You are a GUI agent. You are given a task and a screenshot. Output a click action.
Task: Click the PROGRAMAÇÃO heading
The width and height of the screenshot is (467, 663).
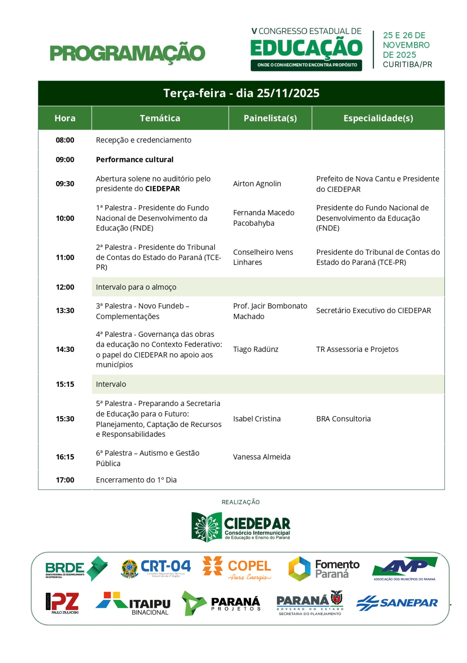[128, 53]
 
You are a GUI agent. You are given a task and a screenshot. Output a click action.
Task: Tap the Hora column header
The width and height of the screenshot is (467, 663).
[65, 118]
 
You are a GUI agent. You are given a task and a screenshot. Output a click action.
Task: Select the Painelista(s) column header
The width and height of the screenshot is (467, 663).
[270, 118]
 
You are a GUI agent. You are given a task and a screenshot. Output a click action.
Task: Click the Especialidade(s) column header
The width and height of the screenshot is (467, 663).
[378, 118]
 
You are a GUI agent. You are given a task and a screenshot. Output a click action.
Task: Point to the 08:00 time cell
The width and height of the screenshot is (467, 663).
[65, 140]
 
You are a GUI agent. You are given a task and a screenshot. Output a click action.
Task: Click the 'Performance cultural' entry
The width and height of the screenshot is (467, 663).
[134, 160]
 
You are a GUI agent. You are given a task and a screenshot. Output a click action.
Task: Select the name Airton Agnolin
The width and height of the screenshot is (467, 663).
[257, 184]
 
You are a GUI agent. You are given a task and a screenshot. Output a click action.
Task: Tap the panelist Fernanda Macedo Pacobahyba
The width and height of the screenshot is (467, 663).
[264, 218]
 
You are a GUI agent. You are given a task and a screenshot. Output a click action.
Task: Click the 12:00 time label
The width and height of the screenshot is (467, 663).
[65, 287]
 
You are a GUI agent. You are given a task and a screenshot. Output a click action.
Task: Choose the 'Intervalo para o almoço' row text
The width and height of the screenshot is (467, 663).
[136, 287]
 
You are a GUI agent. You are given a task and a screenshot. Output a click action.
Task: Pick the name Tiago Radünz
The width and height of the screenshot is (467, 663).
[256, 349]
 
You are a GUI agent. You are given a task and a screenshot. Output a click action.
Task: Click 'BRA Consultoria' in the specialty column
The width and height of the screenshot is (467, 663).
[343, 419]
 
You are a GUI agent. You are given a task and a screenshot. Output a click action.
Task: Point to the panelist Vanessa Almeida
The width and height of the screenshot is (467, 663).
[262, 457]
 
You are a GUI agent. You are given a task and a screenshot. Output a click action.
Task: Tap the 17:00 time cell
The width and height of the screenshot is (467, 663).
[65, 480]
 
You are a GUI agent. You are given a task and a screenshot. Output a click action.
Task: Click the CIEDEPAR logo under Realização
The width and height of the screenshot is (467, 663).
[241, 527]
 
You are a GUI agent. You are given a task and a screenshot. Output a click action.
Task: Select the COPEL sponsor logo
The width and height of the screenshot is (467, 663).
[237, 568]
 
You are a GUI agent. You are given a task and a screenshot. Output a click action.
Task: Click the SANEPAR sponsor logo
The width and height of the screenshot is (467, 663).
[397, 603]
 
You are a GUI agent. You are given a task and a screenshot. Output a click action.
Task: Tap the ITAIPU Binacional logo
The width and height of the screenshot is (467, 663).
[133, 604]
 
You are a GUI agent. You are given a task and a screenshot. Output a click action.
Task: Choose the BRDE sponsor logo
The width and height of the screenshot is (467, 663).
[77, 569]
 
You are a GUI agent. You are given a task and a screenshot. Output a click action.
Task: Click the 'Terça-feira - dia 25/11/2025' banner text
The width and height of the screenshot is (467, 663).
[241, 93]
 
